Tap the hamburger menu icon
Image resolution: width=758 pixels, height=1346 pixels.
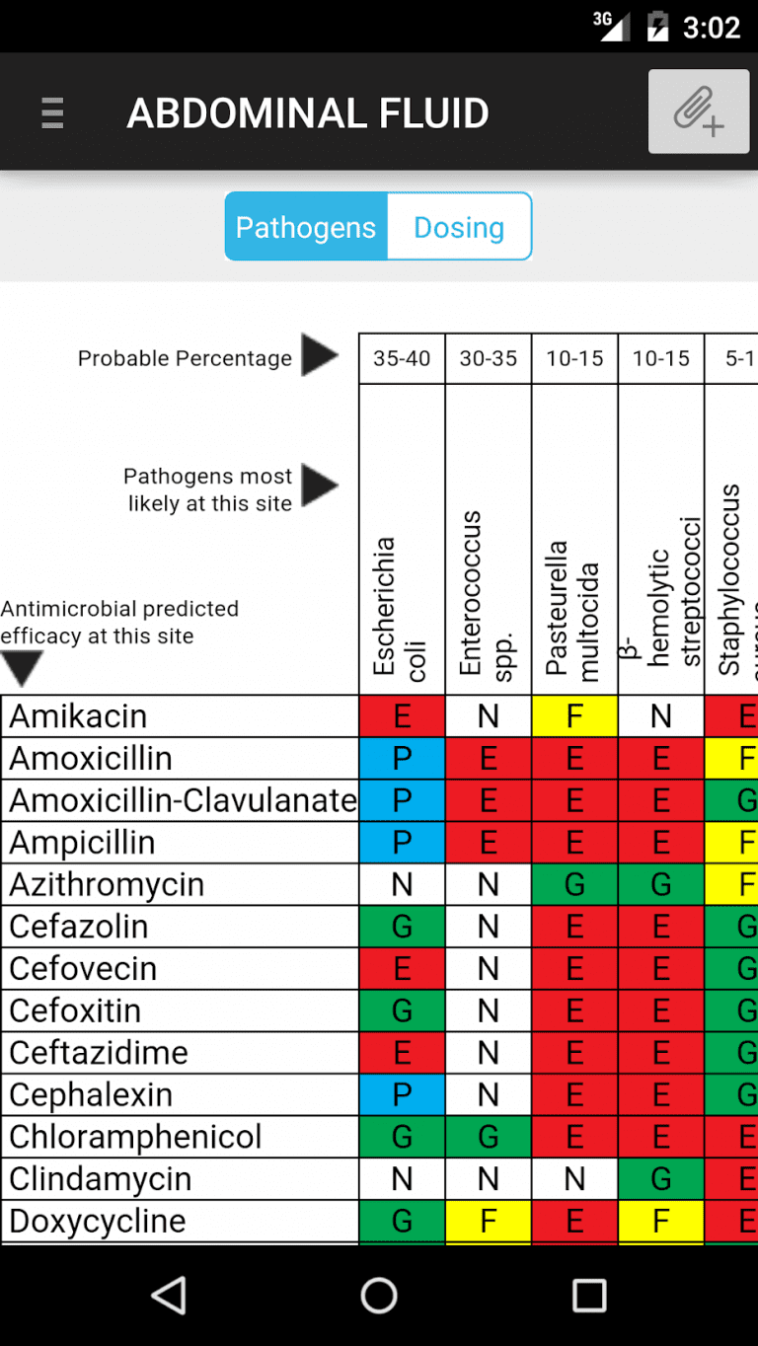tap(52, 113)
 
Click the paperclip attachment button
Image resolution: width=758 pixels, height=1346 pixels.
tap(698, 112)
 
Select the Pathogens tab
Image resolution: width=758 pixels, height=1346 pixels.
tap(306, 227)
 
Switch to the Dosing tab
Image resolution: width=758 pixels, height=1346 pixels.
tap(459, 227)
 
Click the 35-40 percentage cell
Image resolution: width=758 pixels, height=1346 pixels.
tap(402, 358)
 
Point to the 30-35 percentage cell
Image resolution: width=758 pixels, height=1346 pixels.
tap(489, 358)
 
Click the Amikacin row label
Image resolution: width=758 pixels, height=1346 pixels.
tap(79, 716)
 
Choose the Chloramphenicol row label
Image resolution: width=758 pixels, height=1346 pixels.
tap(136, 1137)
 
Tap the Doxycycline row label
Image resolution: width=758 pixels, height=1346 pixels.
tap(98, 1221)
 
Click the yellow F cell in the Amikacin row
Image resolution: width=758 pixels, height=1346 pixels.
tap(574, 716)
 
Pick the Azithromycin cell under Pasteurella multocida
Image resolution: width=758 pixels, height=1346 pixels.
tap(574, 884)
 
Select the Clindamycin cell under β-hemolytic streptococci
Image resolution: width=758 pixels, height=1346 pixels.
tap(661, 1178)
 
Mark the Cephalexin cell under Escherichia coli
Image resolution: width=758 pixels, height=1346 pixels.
tap(402, 1094)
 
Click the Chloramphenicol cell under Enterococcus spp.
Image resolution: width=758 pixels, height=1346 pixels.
tap(489, 1137)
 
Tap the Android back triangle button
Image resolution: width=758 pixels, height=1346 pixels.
tap(170, 1296)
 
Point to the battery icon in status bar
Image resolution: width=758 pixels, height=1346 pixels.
tap(657, 27)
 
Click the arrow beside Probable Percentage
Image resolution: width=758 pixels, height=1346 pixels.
tap(319, 355)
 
